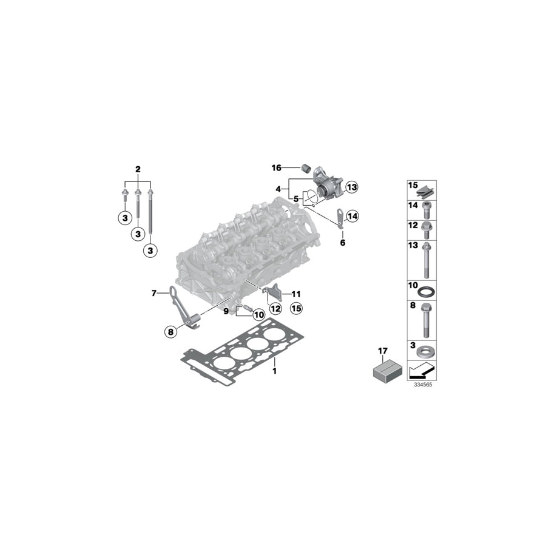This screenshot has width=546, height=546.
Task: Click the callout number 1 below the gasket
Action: pyautogui.click(x=274, y=370)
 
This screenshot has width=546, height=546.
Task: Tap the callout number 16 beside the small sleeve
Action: pyautogui.click(x=277, y=167)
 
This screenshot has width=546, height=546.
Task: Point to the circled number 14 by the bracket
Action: pyautogui.click(x=352, y=215)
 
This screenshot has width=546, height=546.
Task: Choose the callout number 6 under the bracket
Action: pyautogui.click(x=342, y=243)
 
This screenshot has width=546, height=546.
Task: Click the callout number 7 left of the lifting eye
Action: pyautogui.click(x=154, y=294)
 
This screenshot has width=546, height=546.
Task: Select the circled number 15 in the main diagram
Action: pyautogui.click(x=295, y=309)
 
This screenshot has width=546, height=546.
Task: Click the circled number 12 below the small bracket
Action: pyautogui.click(x=275, y=309)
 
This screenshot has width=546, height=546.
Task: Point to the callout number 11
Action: pyautogui.click(x=296, y=294)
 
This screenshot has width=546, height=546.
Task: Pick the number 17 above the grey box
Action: pyautogui.click(x=382, y=350)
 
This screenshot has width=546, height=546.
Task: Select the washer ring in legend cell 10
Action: pyautogui.click(x=427, y=290)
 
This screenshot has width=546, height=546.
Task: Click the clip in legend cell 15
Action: pyautogui.click(x=428, y=190)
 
